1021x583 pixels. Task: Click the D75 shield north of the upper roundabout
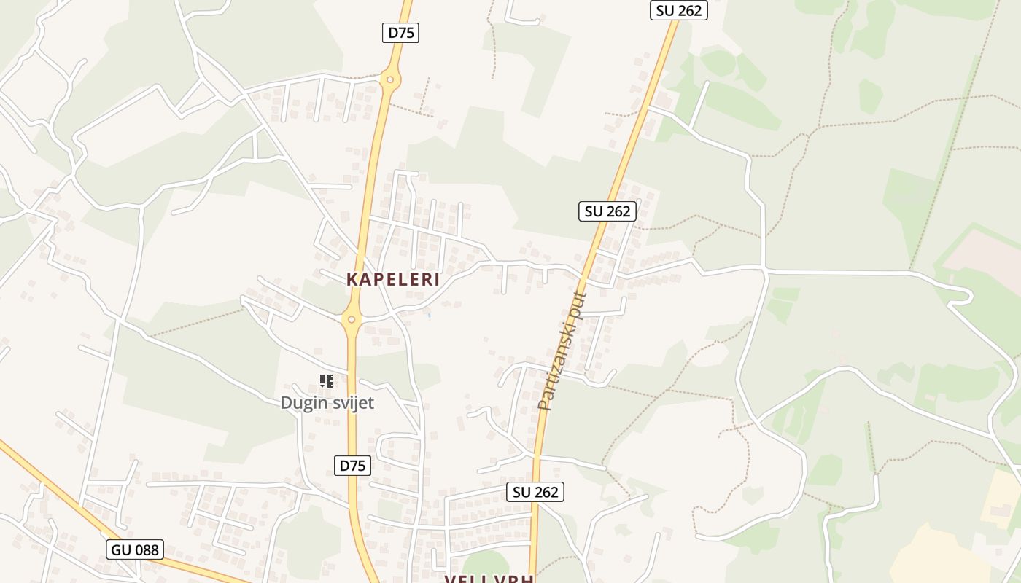coord(400,32)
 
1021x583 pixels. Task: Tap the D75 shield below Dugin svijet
coord(352,466)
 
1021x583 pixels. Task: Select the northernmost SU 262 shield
coord(678,10)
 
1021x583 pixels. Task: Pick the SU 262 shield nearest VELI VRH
coord(535,492)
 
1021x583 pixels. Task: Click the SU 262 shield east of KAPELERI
coord(607,211)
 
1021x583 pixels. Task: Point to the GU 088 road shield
coord(135,549)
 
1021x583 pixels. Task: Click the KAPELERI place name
coord(393,279)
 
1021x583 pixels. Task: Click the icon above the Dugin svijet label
coord(327,380)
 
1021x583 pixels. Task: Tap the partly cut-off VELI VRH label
coord(489,579)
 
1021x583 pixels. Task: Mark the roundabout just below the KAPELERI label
coord(352,319)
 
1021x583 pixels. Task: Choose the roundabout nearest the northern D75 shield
coord(390,79)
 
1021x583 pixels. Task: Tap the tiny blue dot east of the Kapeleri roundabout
coord(429,315)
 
